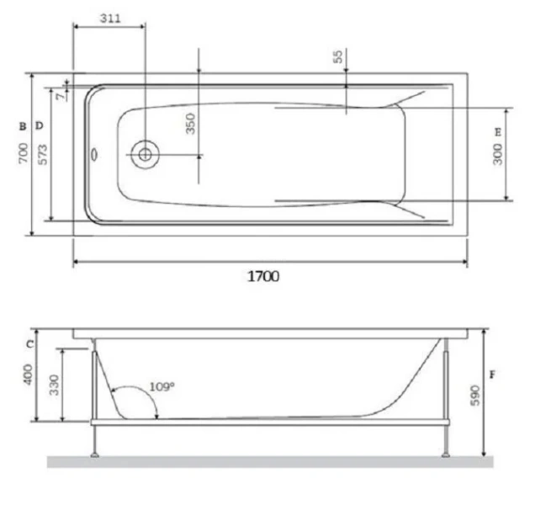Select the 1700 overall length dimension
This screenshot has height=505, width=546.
(262, 276)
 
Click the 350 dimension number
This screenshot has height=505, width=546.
(190, 124)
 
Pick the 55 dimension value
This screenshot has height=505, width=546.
(337, 57)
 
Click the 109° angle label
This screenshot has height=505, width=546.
(162, 386)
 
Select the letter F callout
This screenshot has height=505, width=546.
(492, 372)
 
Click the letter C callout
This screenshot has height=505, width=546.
(28, 343)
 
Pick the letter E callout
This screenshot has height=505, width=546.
(498, 132)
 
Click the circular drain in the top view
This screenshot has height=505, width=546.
(145, 155)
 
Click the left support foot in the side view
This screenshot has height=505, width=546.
(95, 453)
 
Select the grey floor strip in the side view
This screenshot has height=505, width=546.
(269, 462)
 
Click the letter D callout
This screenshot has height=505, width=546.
(39, 125)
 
